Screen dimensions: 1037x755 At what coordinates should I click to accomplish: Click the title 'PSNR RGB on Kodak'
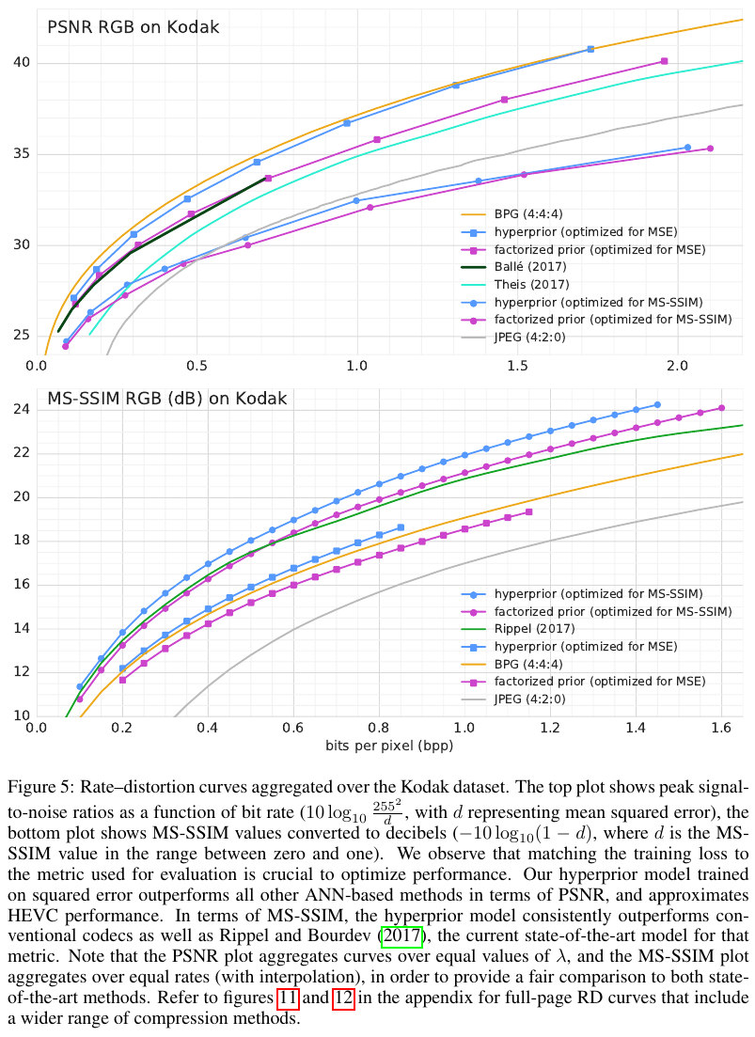pos(133,27)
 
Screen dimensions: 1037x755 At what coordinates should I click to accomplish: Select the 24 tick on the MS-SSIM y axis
pos(21,410)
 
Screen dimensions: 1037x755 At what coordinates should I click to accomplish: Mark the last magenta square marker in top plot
pos(664,61)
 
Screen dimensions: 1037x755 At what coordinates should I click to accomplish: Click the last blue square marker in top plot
pos(590,49)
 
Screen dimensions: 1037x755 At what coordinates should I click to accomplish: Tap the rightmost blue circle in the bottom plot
pos(657,405)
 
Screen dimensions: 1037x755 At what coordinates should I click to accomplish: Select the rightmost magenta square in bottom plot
pos(529,512)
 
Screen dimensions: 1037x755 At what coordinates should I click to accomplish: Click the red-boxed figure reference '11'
pos(288,997)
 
